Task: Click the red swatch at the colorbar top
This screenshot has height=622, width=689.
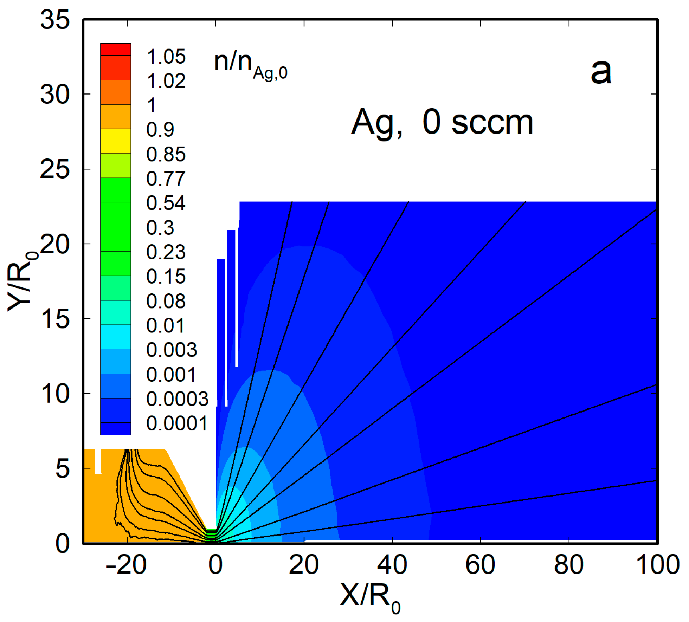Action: pos(115,50)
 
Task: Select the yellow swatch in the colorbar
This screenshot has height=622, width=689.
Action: pos(115,141)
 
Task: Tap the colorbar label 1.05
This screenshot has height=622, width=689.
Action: pos(166,57)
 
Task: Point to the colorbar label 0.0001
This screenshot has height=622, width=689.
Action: pos(177,423)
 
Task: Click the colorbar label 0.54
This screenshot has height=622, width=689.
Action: pos(166,203)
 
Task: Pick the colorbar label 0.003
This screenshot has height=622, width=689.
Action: pos(172,350)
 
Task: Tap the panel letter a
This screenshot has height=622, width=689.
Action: pos(601,72)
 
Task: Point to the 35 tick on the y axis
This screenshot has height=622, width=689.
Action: pos(55,19)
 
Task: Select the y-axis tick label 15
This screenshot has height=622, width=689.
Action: pos(55,319)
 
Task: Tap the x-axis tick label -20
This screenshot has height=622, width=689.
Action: pos(125,565)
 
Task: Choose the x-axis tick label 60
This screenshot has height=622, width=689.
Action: pos(480,565)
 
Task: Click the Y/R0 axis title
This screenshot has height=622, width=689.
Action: pos(21,281)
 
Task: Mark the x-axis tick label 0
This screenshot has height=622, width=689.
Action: pos(215,565)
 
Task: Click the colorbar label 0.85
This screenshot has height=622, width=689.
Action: pos(166,154)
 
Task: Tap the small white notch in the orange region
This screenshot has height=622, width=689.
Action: pos(98,461)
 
